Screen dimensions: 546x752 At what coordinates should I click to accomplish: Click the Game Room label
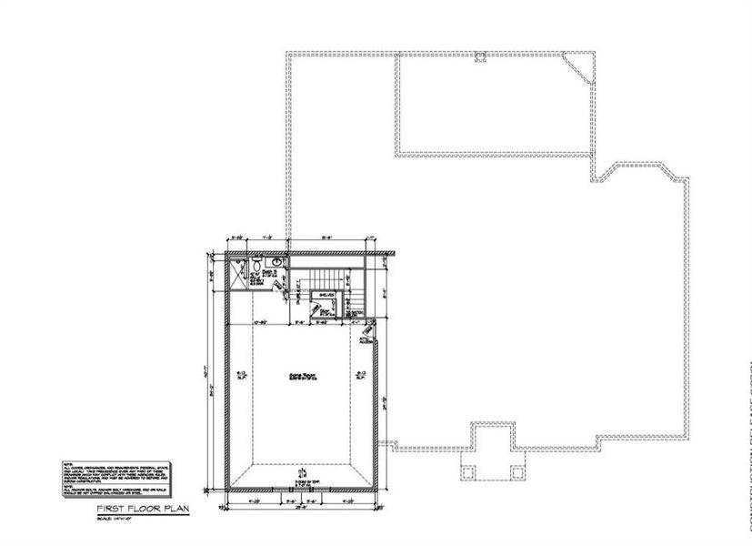pyautogui.click(x=300, y=375)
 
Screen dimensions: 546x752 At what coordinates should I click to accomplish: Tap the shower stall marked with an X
pyautogui.click(x=237, y=272)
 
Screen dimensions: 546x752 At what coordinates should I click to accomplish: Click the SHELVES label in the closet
pyautogui.click(x=326, y=296)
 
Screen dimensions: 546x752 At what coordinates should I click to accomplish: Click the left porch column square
pyautogui.click(x=468, y=471)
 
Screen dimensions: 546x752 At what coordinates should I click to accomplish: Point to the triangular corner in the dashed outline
pyautogui.click(x=577, y=66)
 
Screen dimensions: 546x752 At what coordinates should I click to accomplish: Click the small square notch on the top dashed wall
pyautogui.click(x=480, y=57)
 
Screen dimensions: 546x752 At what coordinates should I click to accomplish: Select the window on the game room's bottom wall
pyautogui.click(x=301, y=487)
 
